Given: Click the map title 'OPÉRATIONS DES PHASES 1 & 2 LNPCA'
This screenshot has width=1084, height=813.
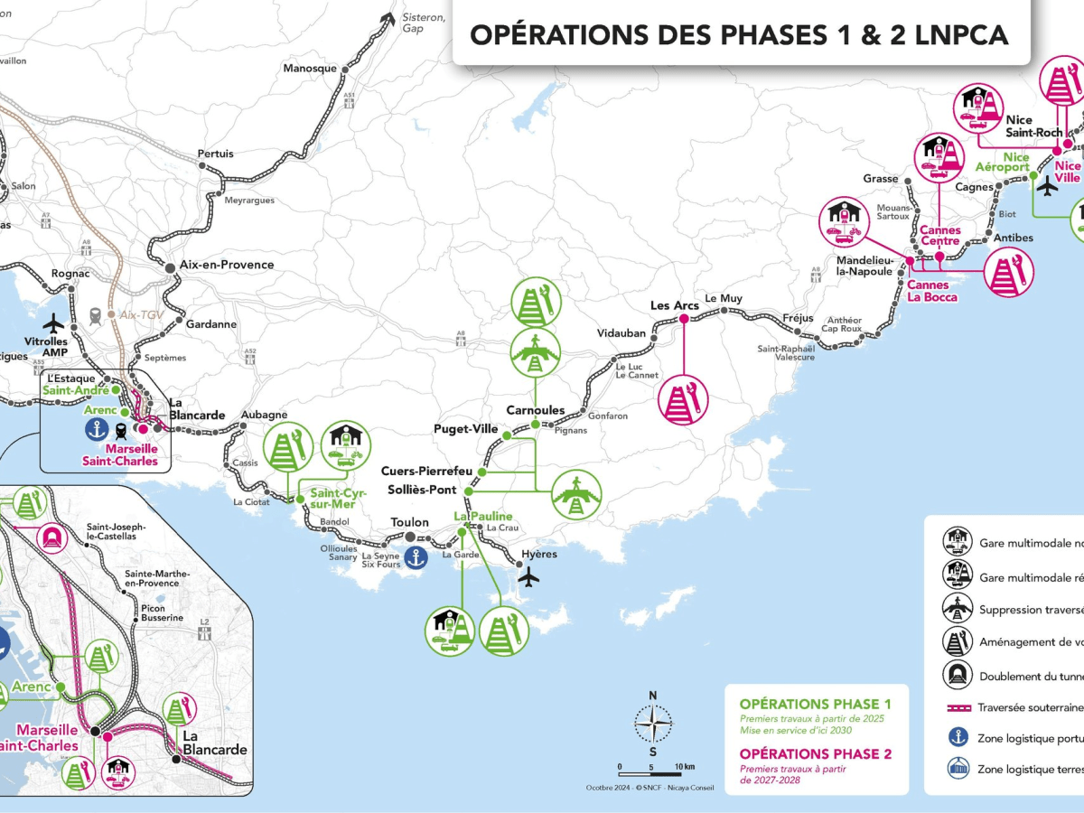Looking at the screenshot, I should (x=739, y=34).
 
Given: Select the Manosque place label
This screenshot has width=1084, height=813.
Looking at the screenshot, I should (x=310, y=68).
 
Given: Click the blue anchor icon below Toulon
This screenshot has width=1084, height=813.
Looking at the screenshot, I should (x=415, y=557).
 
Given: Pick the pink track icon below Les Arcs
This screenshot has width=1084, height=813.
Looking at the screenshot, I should (x=684, y=398).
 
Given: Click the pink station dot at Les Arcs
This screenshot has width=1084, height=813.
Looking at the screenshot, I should (x=684, y=319).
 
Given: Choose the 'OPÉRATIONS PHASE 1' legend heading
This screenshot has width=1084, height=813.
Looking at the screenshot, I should (x=815, y=704).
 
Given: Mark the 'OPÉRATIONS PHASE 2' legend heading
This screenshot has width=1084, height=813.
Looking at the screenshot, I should (x=815, y=753).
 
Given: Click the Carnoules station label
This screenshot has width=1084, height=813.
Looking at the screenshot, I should (x=535, y=410).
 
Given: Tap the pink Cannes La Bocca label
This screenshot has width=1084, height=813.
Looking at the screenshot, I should (x=929, y=291).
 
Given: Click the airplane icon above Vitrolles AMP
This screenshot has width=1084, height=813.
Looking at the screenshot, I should (x=54, y=323).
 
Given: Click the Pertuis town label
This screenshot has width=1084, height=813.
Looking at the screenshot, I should (x=215, y=154).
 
